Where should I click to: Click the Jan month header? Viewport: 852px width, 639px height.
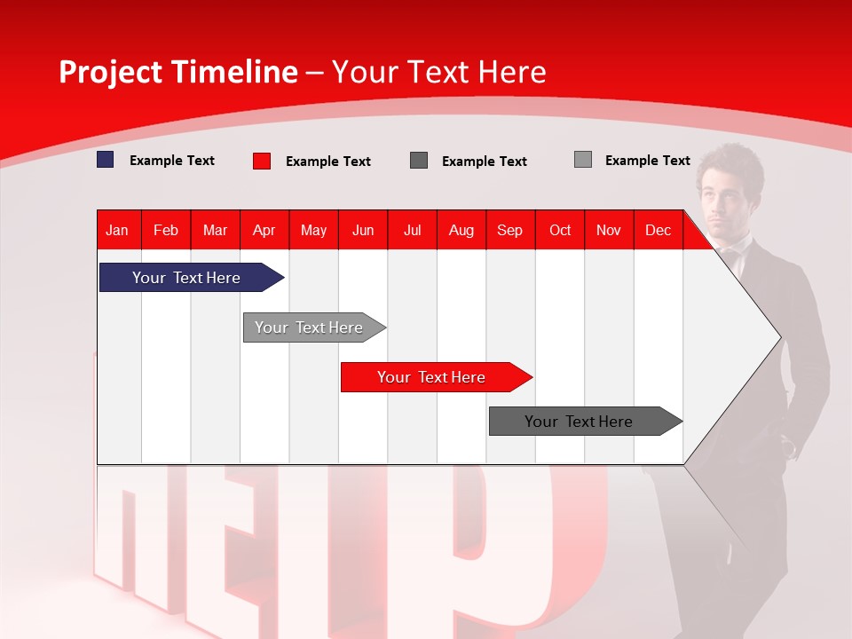tap(118, 231)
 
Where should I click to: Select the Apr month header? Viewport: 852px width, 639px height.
tap(264, 231)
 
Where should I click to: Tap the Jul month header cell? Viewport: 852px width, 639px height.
tap(412, 231)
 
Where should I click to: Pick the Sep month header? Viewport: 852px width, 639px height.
tap(510, 231)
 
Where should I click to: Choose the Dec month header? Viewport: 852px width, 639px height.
tap(658, 231)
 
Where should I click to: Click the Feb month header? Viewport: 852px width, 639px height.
tap(166, 231)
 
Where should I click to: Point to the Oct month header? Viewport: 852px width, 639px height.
tap(560, 231)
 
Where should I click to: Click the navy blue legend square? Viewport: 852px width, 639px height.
tap(106, 160)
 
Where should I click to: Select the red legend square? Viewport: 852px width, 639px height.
tap(262, 161)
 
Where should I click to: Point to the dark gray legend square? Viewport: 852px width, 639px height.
tap(419, 161)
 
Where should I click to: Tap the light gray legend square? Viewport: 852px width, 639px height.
tap(583, 160)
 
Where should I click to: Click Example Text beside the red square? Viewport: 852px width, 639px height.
tap(328, 162)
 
